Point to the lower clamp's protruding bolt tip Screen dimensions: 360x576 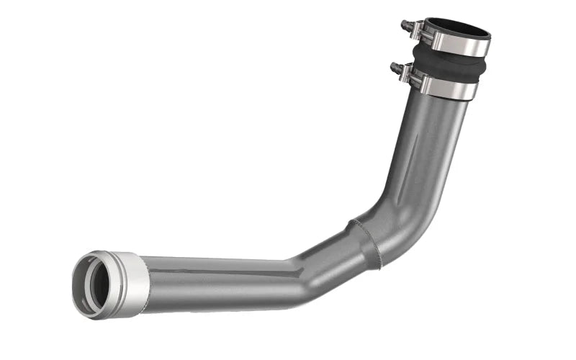[394, 67]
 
